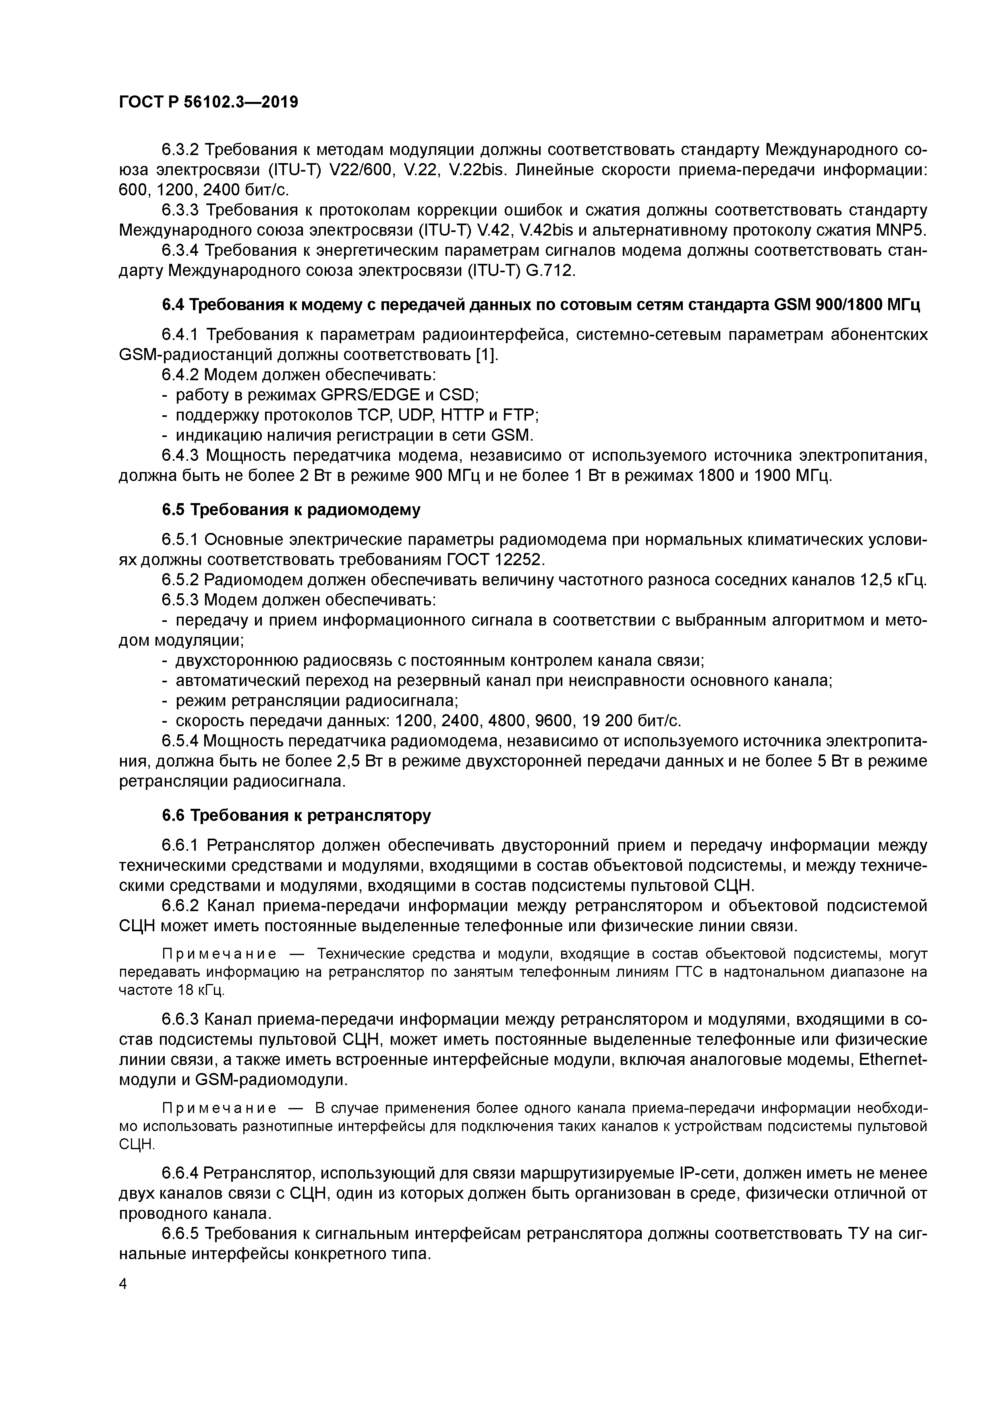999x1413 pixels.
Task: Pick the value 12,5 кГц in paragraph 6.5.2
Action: click(893, 580)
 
